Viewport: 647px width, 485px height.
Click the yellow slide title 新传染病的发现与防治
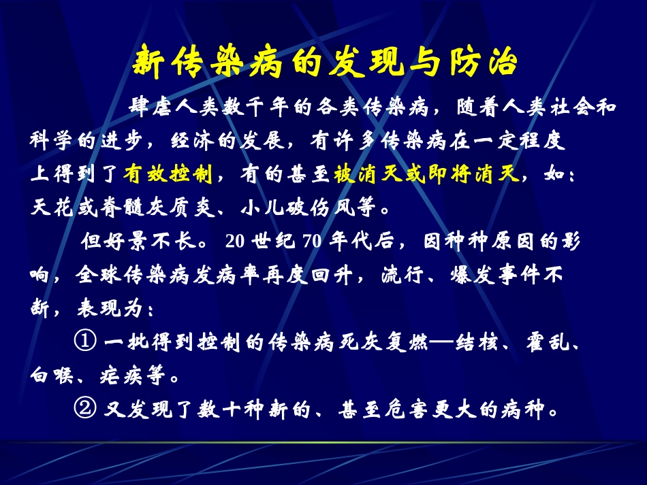click(323, 63)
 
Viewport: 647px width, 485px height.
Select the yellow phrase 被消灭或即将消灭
click(427, 174)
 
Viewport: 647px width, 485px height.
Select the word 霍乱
click(552, 344)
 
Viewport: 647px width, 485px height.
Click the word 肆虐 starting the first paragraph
click(144, 107)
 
